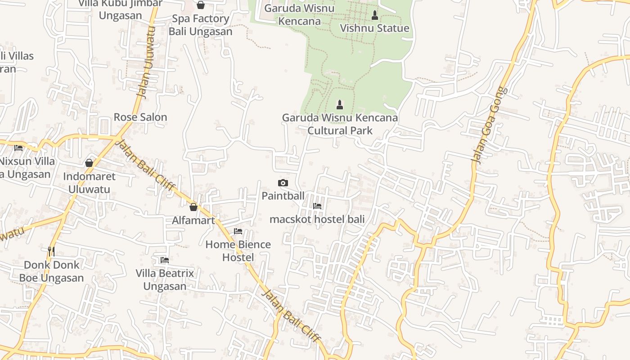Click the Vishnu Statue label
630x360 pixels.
[374, 28]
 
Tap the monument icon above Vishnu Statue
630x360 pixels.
[374, 15]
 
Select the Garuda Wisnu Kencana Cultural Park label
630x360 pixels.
[340, 124]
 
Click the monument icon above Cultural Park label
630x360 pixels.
[340, 105]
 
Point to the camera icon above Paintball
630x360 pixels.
[283, 183]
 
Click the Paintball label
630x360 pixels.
[283, 196]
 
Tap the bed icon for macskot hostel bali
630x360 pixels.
[317, 206]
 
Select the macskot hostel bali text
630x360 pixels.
[317, 219]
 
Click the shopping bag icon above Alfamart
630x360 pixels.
[193, 207]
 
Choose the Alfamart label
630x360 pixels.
[193, 220]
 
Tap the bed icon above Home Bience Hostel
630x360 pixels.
[238, 231]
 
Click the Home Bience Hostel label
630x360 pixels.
[238, 251]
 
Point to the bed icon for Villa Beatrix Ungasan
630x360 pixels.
[165, 260]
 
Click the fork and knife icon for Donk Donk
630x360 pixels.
[51, 251]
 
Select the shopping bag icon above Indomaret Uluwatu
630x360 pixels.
[89, 163]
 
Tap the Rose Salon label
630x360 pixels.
[140, 117]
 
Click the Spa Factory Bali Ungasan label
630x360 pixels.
[200, 25]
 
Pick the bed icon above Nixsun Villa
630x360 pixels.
[18, 148]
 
